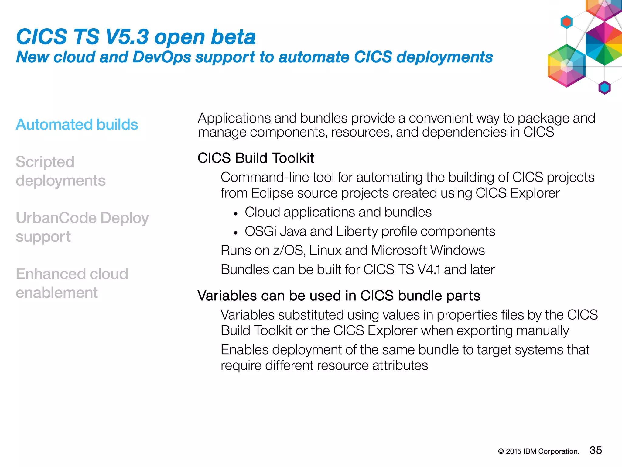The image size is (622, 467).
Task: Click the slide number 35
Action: point(596,450)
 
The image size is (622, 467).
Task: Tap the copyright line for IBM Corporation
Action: point(538,451)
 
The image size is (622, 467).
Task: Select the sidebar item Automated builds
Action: point(77,124)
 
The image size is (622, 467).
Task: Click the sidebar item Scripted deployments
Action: point(60,171)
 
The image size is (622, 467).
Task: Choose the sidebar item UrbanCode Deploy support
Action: point(82,227)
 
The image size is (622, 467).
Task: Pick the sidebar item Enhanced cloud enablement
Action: point(72,283)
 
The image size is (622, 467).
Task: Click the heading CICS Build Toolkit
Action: point(256,158)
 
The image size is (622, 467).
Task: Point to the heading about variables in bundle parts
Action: point(339,296)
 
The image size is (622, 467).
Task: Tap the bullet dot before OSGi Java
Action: point(235,233)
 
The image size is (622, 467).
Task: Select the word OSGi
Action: point(260,231)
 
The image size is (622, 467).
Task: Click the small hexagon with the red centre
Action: point(566,22)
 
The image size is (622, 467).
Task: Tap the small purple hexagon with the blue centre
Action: point(604,88)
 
